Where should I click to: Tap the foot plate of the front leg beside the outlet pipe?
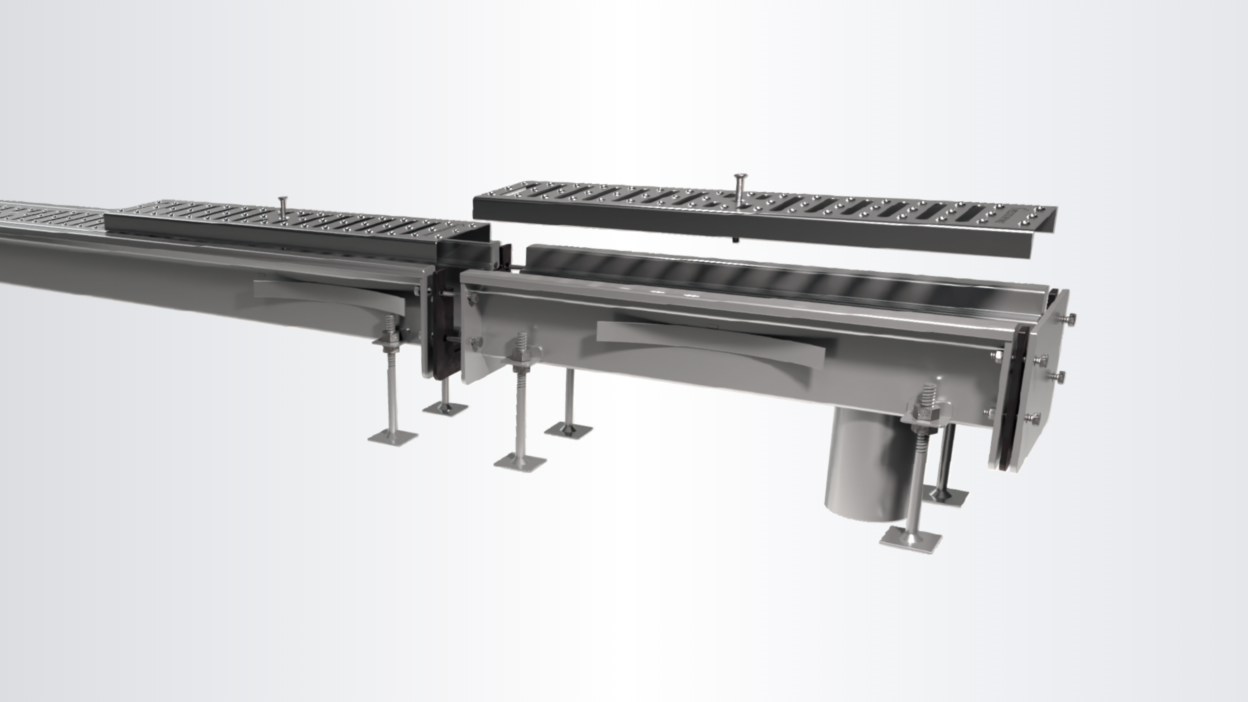point(910,540)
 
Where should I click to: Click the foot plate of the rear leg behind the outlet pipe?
point(945,496)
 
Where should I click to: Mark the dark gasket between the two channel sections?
point(443,324)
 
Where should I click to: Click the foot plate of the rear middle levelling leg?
point(568,430)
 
